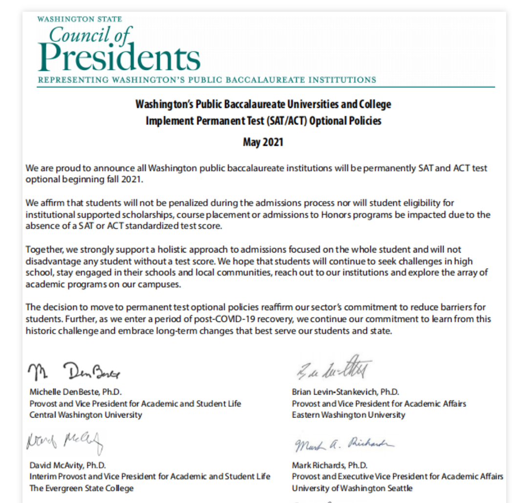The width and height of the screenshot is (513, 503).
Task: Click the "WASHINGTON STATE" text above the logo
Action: pyautogui.click(x=80, y=19)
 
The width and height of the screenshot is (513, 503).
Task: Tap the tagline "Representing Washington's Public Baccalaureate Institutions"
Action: pyautogui.click(x=207, y=80)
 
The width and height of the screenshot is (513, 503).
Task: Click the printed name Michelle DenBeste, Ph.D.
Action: pyautogui.click(x=75, y=392)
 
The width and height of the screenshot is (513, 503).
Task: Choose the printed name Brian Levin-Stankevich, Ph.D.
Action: pyautogui.click(x=345, y=392)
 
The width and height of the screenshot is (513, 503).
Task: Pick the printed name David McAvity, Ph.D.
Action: pyautogui.click(x=67, y=464)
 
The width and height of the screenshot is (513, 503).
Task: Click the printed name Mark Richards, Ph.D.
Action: pyautogui.click(x=330, y=464)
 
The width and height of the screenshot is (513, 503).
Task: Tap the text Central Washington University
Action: pyautogui.click(x=85, y=415)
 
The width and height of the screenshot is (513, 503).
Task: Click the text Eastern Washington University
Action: pyautogui.click(x=348, y=415)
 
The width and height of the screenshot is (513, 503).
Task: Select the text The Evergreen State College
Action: pyautogui.click(x=81, y=488)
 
